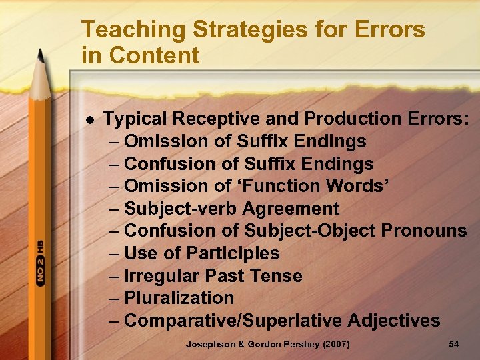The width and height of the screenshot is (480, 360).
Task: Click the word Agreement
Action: tap(291, 209)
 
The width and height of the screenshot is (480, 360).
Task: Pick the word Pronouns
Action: tap(423, 231)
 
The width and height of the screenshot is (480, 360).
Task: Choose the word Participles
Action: tap(233, 253)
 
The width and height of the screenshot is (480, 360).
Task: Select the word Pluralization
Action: tap(179, 298)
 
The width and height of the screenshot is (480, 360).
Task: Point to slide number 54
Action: tap(454, 344)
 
